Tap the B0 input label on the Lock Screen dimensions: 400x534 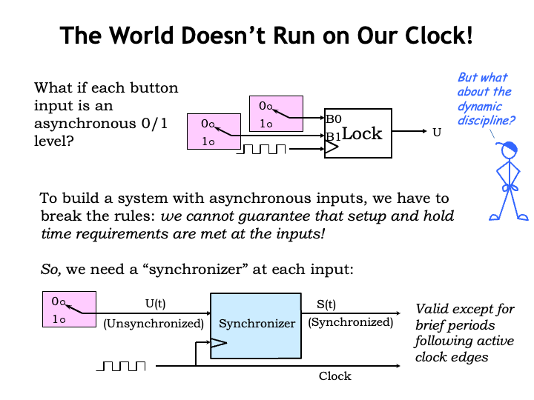[333, 119]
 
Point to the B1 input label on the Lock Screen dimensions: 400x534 [333, 136]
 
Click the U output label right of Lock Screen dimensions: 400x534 [436, 133]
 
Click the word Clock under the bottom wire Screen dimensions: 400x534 [334, 376]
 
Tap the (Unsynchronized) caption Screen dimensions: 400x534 [153, 323]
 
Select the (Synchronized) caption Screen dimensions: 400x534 [350, 322]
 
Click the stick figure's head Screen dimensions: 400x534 [509, 150]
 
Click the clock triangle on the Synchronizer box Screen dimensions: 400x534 [219, 343]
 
